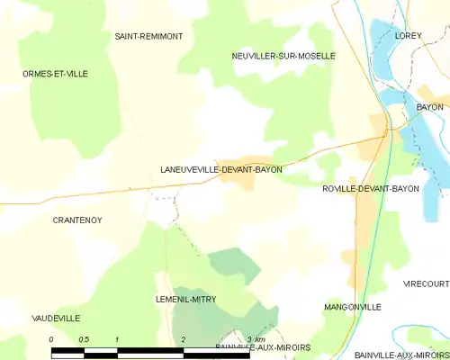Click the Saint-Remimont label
[x=148, y=36]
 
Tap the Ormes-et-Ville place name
[x=55, y=74]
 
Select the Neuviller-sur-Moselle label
[x=283, y=56]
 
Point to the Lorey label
[x=408, y=36]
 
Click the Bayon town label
[x=429, y=107]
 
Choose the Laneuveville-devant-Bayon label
[x=220, y=169]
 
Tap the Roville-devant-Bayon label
[x=370, y=189]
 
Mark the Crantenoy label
[x=76, y=220]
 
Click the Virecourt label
[x=426, y=283]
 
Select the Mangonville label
[x=352, y=307]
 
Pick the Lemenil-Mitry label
[x=185, y=299]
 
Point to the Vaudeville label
[x=56, y=319]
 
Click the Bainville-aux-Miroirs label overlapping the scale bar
[x=263, y=347]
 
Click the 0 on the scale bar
[x=51, y=338]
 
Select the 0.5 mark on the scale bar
[x=84, y=338]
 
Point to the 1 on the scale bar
[x=117, y=338]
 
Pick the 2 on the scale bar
[x=184, y=338]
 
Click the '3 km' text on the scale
[x=255, y=338]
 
